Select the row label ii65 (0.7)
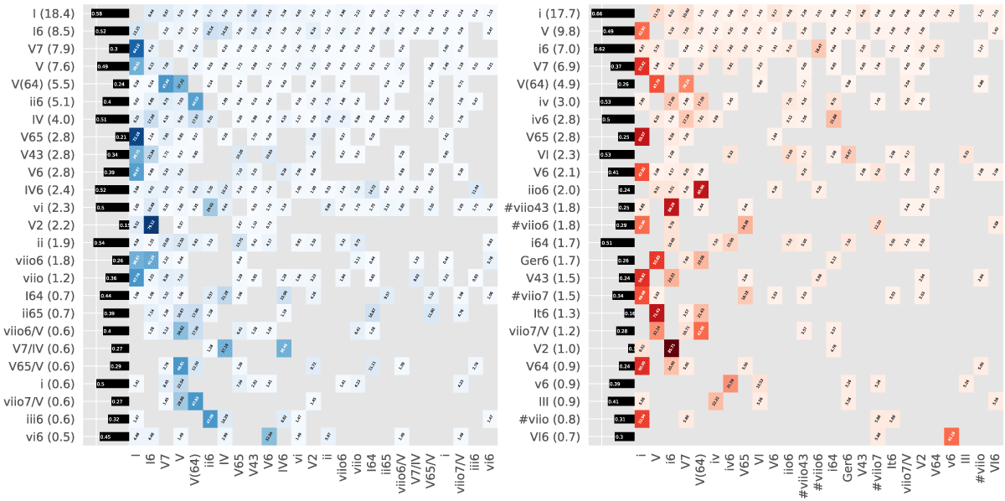click(53, 313)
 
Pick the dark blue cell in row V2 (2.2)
click(151, 225)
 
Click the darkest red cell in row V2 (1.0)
click(671, 349)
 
